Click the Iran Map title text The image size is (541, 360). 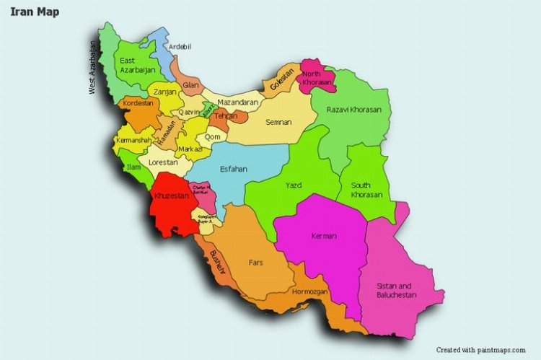pos(35,12)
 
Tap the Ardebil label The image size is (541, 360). pos(180,47)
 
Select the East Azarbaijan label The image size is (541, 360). pos(137,66)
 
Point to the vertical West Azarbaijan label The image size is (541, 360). pos(92,67)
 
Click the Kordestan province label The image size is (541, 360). pos(138,103)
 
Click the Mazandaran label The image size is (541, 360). pos(237,103)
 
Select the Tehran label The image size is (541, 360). pos(226,116)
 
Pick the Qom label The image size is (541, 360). pos(213,136)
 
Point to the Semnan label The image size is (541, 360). pos(278,122)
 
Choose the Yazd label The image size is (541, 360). pos(293,185)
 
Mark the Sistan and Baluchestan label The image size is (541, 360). pos(397,291)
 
